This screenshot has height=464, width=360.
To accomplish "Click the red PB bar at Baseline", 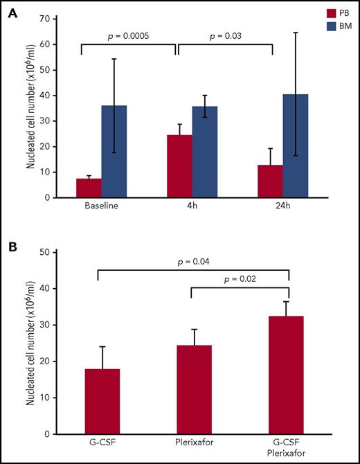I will point(89,188).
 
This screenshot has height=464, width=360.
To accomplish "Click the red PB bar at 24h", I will point(269,181).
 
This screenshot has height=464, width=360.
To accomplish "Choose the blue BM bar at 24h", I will point(294,145).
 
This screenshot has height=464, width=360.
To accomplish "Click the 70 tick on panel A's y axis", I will point(43,19).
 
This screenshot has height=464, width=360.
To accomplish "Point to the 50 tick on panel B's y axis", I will point(43,253).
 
